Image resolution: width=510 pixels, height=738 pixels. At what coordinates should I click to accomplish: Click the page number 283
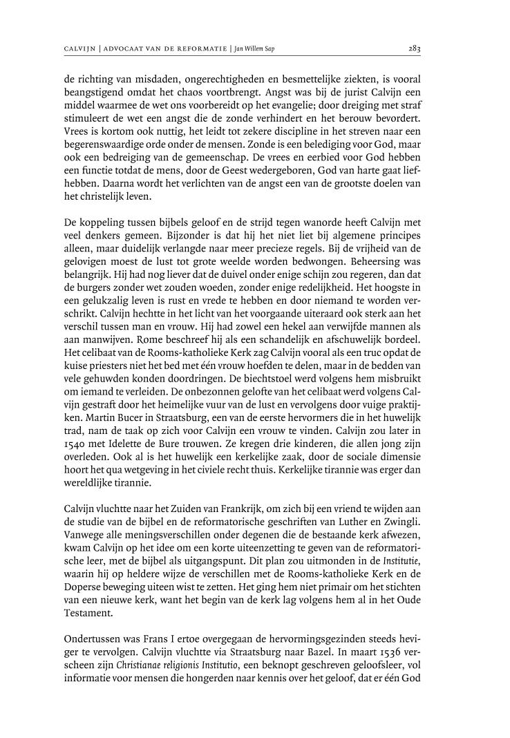pos(415,49)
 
